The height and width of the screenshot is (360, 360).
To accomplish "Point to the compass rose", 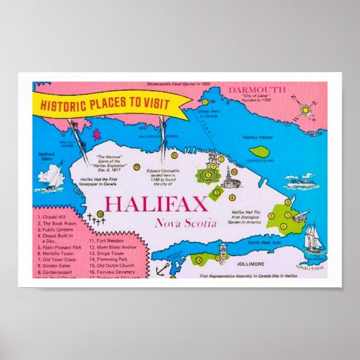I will click(305, 108).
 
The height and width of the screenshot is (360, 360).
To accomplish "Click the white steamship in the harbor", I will click(301, 182).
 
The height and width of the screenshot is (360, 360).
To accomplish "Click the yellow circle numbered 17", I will click(204, 102).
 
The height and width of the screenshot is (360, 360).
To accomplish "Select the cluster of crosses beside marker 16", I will click(92, 218).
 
